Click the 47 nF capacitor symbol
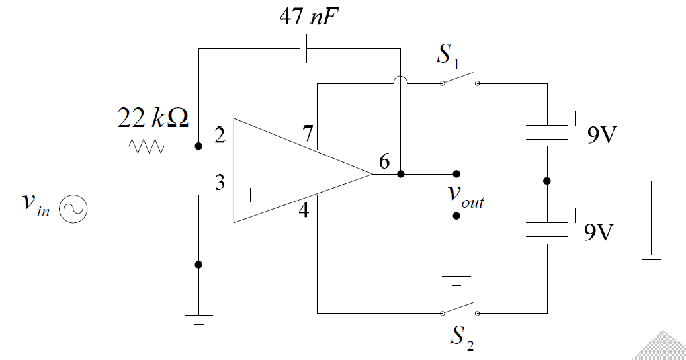click(303, 48)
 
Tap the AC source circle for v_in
click(73, 210)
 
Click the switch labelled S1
click(459, 80)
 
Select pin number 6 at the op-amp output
click(384, 161)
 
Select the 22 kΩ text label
click(153, 118)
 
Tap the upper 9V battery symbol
click(547, 134)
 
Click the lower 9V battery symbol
click(547, 230)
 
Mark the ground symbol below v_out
click(456, 280)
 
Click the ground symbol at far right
click(652, 259)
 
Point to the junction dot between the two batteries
click(547, 181)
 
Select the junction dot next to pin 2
click(198, 146)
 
